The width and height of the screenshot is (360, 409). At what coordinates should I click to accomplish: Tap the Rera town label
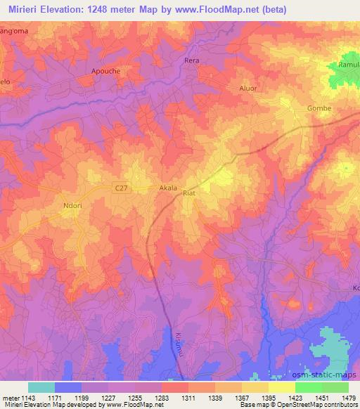pyautogui.click(x=192, y=60)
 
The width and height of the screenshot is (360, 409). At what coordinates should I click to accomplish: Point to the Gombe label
pyautogui.click(x=319, y=108)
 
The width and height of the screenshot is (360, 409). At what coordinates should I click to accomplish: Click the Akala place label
pyautogui.click(x=167, y=188)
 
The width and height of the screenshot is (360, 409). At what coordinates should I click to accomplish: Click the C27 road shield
pyautogui.click(x=122, y=187)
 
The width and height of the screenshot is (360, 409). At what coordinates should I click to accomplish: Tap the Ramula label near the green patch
pyautogui.click(x=349, y=64)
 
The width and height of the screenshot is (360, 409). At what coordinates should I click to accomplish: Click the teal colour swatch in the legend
pyautogui.click(x=41, y=387)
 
